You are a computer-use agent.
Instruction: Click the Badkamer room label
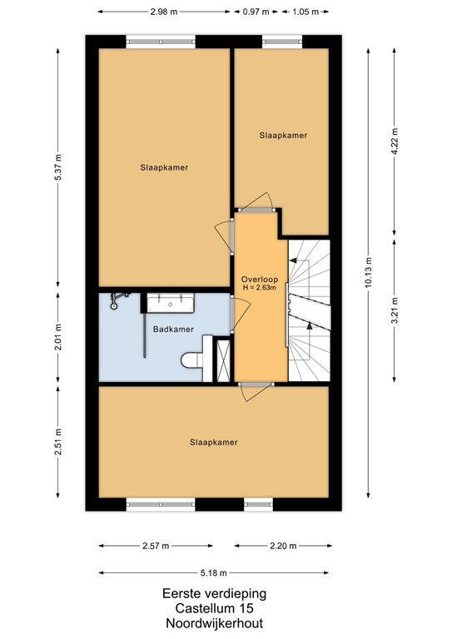(x=173, y=329)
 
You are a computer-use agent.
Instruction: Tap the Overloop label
(x=260, y=280)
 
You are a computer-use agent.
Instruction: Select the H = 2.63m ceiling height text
(x=260, y=288)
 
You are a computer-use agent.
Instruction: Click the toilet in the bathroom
(x=192, y=359)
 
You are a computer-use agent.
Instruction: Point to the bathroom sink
(x=171, y=303)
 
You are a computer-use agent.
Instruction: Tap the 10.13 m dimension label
(x=368, y=273)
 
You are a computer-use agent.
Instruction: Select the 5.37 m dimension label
(x=58, y=168)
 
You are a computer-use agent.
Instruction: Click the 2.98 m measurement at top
(x=164, y=12)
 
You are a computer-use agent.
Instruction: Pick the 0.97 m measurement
(x=256, y=12)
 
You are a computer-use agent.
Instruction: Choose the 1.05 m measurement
(x=305, y=12)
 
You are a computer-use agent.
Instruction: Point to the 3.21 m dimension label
(x=394, y=311)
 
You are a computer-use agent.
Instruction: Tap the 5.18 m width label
(x=214, y=573)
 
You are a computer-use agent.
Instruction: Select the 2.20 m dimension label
(x=283, y=546)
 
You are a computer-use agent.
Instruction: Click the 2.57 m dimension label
(x=156, y=546)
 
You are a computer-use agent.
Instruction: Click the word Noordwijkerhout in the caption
(x=215, y=623)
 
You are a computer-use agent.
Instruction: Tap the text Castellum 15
(x=215, y=608)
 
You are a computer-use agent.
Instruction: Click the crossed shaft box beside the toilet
(x=223, y=359)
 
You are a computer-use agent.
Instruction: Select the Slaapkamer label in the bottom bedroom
(x=214, y=442)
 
